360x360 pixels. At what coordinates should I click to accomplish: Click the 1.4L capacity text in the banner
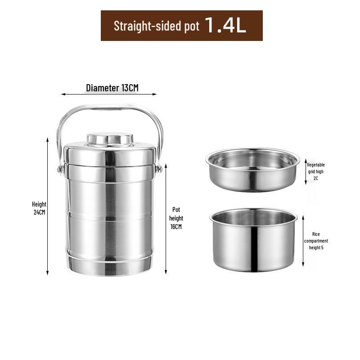pos(225,25)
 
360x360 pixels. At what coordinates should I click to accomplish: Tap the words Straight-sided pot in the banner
pos(156,26)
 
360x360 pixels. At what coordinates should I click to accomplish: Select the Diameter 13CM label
pos(112,88)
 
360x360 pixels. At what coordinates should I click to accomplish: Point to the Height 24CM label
pos(39,208)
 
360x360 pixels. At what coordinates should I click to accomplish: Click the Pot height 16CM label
pos(176,218)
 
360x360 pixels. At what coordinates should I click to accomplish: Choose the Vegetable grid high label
pos(316,171)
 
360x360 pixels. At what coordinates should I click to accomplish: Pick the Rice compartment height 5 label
pos(316,241)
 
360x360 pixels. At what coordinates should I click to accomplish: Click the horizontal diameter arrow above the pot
pos(109,94)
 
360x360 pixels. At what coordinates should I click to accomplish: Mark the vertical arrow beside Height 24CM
pos(48,206)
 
